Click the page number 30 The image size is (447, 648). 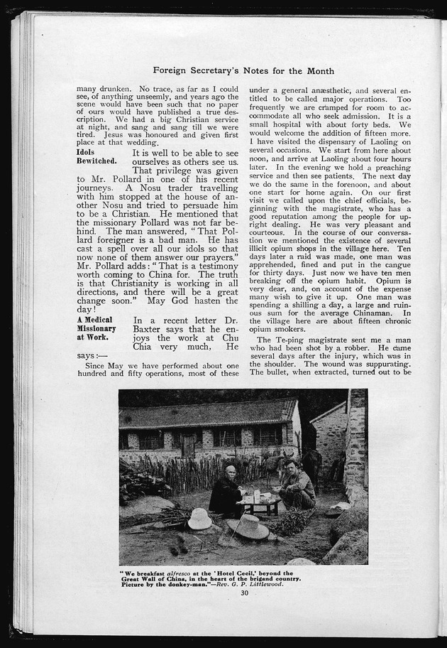(244, 593)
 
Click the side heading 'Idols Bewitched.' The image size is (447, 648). (96, 157)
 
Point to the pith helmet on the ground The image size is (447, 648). (200, 519)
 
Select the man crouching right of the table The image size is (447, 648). (297, 486)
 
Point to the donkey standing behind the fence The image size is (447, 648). (276, 465)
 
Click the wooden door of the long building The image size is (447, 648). (189, 445)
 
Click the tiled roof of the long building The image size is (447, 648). (206, 414)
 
